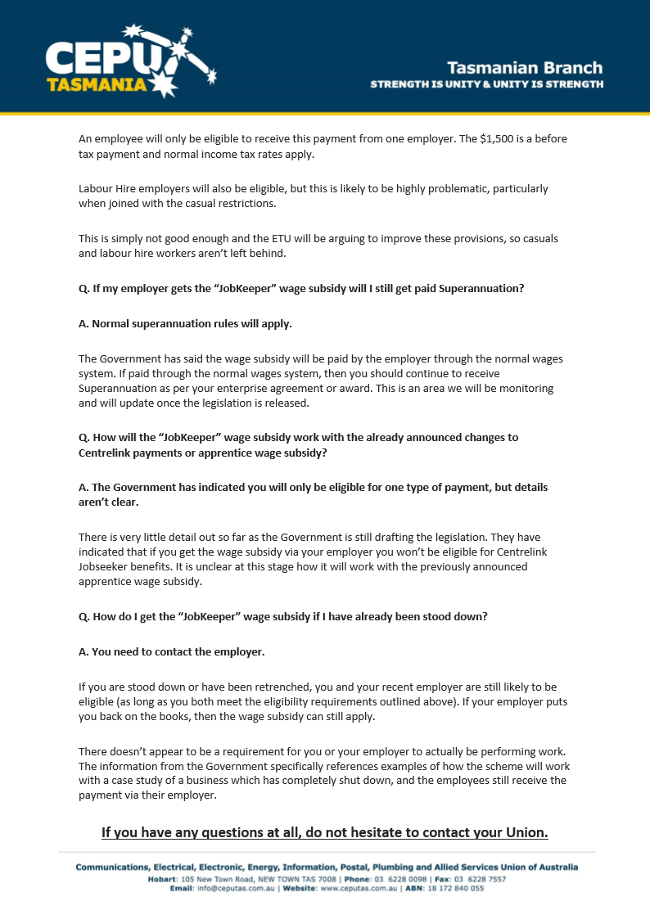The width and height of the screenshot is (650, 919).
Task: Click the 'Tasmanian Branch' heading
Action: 525,68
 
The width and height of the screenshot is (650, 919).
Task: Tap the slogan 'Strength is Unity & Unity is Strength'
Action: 487,84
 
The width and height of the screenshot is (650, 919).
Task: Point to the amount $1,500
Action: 501,139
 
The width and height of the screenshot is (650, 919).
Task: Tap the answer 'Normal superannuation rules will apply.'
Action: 185,323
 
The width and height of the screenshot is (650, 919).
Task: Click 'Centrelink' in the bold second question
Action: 107,452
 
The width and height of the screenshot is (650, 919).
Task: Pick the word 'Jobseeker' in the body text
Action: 104,567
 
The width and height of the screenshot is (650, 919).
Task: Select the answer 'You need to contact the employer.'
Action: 171,652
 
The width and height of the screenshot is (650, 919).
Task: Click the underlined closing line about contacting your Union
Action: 325,833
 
